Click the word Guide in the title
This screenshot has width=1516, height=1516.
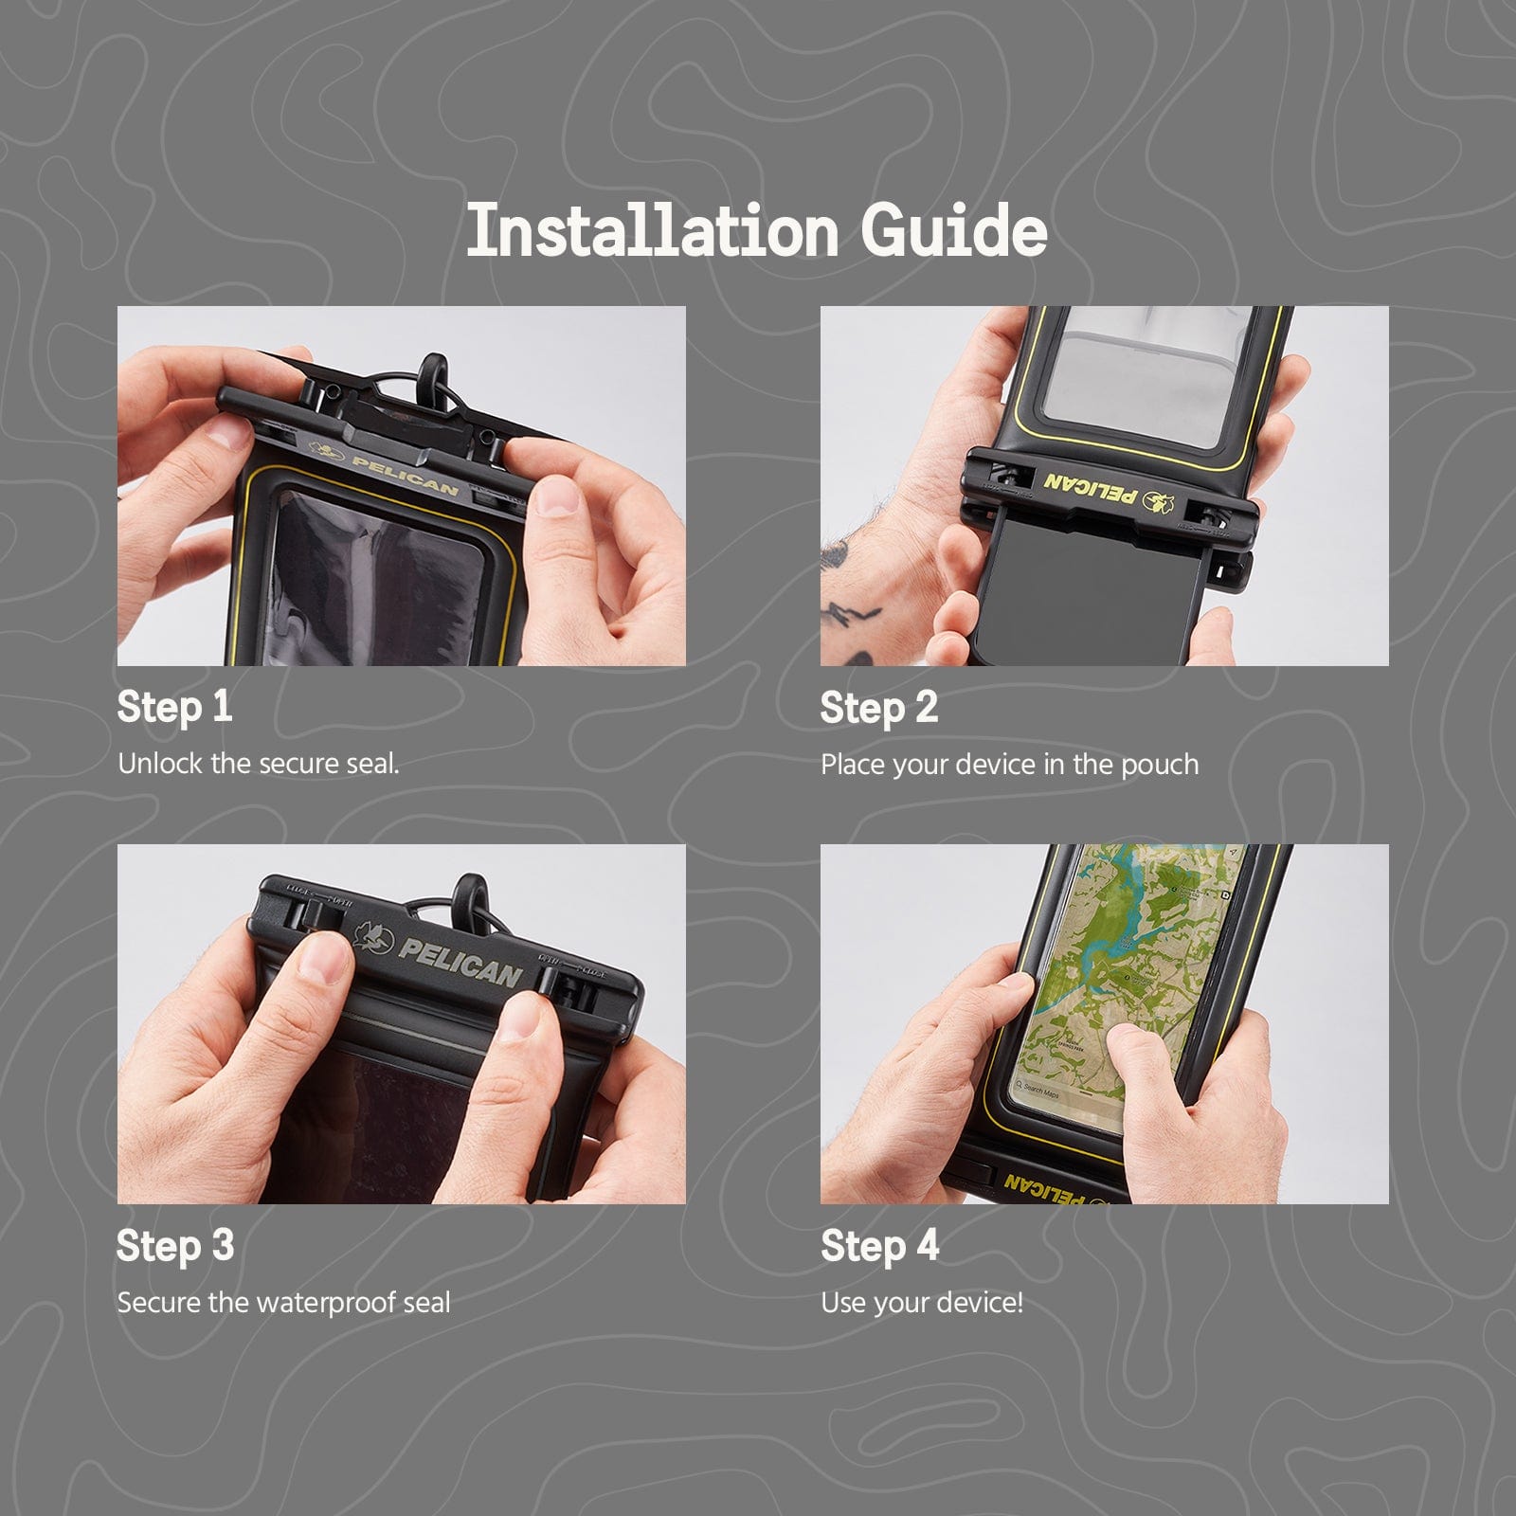click(x=953, y=230)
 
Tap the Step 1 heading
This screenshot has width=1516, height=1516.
click(x=174, y=707)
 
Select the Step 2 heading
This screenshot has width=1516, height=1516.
click(x=878, y=708)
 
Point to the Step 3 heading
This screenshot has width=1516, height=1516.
click(x=175, y=1246)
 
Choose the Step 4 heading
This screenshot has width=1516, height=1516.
click(x=879, y=1246)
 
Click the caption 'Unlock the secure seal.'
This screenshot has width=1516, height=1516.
click(x=258, y=764)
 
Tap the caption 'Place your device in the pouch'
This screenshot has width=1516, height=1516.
click(x=1009, y=765)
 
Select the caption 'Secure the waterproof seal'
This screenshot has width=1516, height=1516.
click(x=283, y=1303)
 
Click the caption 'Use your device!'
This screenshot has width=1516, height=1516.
click(x=921, y=1303)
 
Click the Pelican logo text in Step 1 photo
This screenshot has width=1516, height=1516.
click(x=405, y=476)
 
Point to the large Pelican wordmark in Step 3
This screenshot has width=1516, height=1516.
click(x=459, y=961)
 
